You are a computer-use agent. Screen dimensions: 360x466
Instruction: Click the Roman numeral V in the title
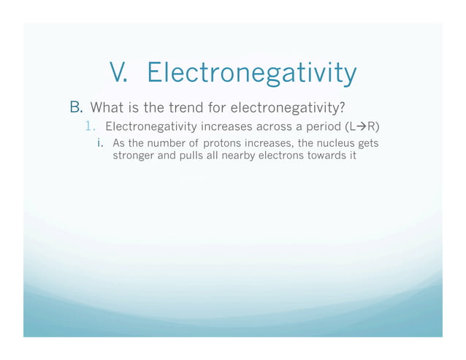[x=119, y=73]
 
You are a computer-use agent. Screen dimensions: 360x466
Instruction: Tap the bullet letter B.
[x=76, y=109]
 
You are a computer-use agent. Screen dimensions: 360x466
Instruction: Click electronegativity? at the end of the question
[x=288, y=109]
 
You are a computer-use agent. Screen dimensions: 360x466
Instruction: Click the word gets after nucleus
[x=367, y=142]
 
